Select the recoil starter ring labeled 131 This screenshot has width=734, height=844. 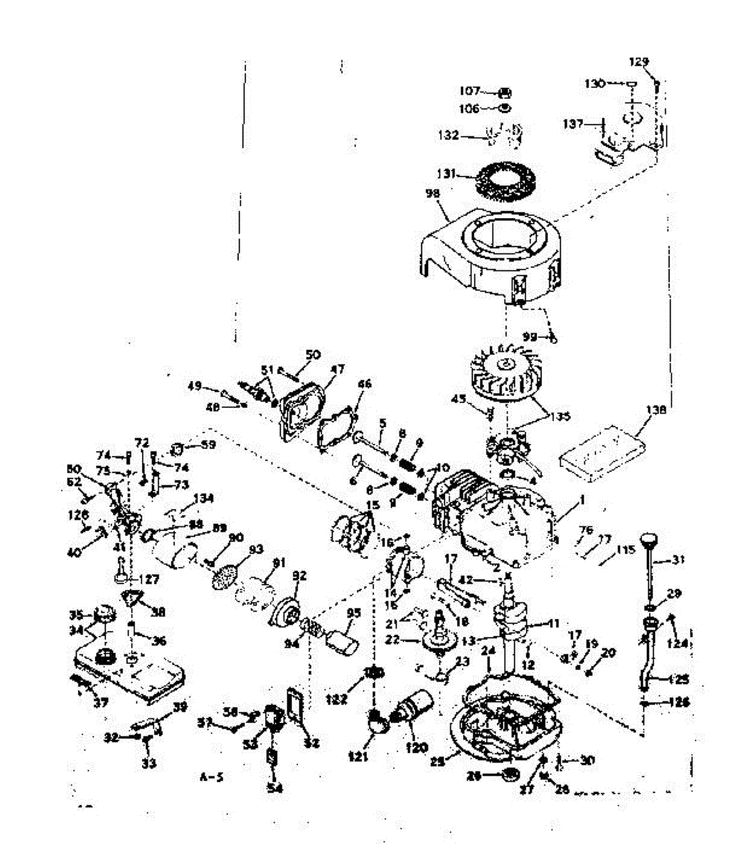tap(505, 180)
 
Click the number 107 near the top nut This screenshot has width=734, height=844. tap(470, 91)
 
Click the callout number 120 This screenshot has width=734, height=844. tap(416, 747)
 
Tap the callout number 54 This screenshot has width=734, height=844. tap(274, 788)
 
